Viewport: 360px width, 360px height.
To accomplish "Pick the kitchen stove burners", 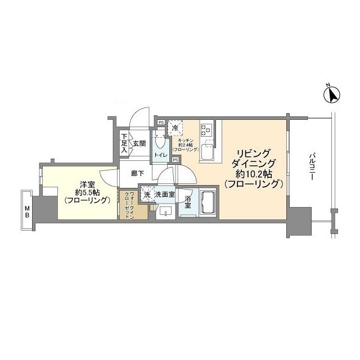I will coord(206,129).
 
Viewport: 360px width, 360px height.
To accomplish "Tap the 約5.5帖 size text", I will coord(86,192).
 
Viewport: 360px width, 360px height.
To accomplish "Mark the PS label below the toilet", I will coord(175,160).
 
